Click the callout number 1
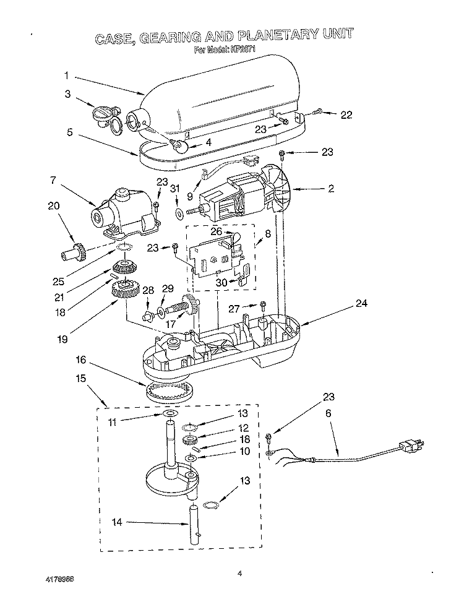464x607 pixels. (x=66, y=75)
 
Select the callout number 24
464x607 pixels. (x=361, y=303)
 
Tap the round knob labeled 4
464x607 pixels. (x=181, y=146)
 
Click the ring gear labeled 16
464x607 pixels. (x=170, y=391)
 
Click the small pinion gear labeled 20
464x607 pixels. (x=72, y=252)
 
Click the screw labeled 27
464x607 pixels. (x=263, y=304)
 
